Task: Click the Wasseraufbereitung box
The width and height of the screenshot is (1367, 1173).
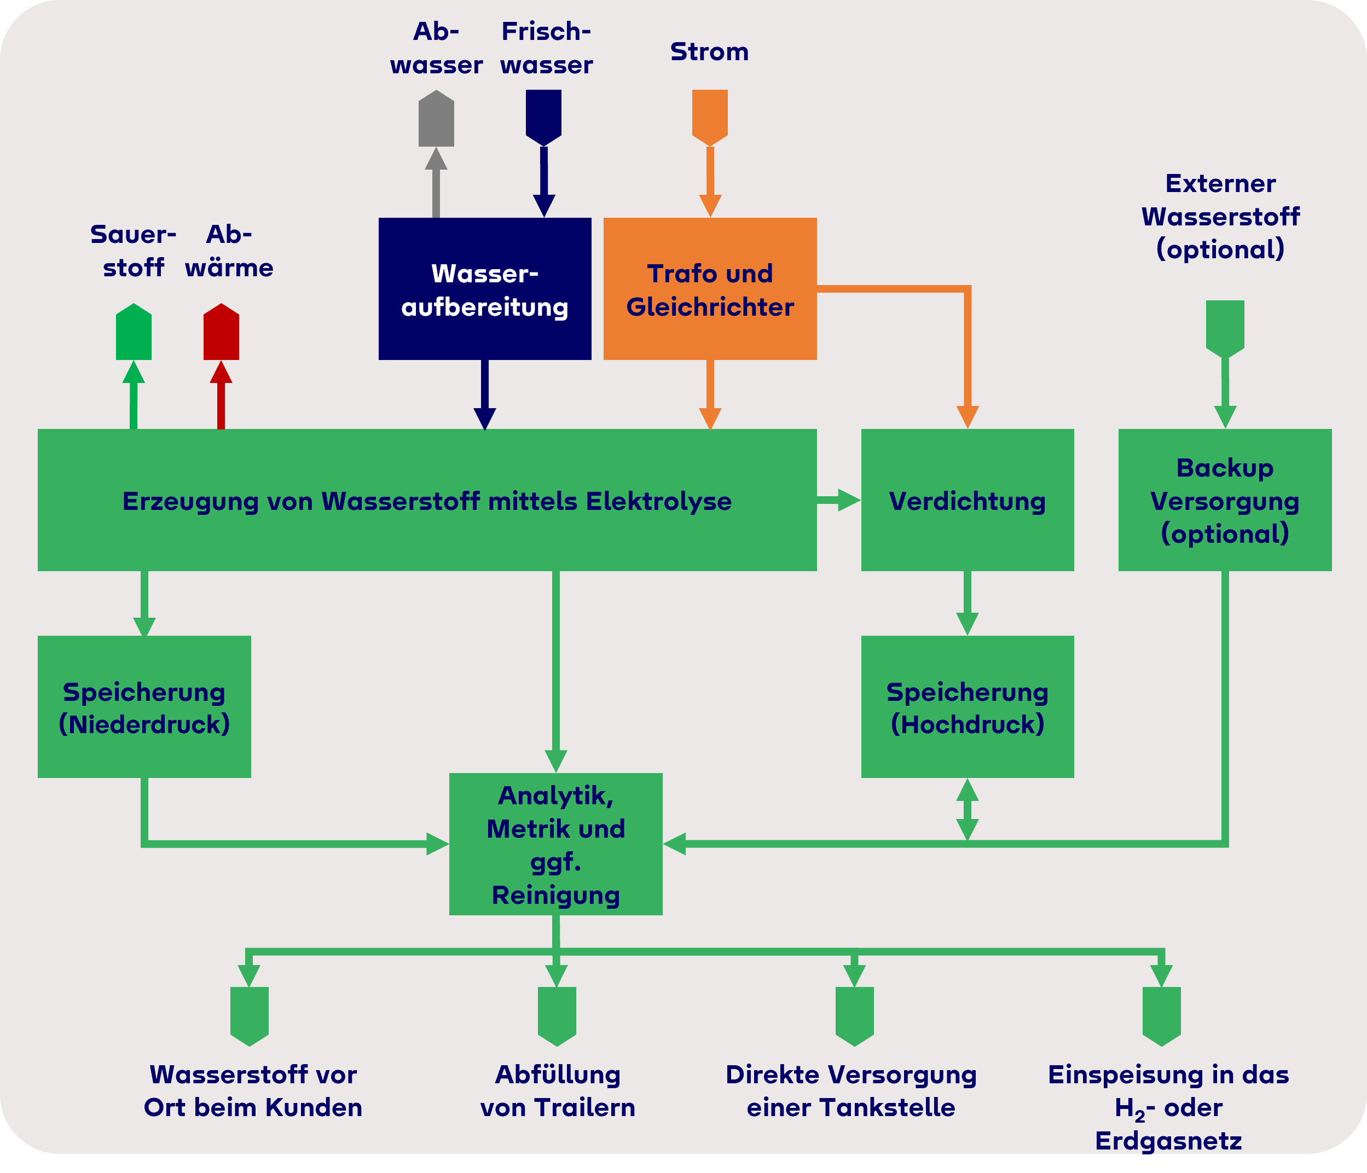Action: point(485,288)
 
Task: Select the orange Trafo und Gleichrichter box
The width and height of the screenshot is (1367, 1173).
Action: point(710,288)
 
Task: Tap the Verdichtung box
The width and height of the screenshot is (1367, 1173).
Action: point(967,500)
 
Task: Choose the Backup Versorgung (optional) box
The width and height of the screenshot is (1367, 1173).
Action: point(1225,500)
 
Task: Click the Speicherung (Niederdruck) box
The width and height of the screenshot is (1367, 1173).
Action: point(144,706)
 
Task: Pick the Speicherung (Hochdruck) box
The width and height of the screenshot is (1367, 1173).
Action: point(967,706)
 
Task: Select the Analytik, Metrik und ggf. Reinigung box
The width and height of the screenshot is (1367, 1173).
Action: point(555,844)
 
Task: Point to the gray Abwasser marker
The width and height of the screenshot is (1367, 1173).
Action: point(436,118)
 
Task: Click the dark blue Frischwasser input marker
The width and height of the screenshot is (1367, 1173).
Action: point(543,118)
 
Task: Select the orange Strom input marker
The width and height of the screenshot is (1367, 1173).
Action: point(710,118)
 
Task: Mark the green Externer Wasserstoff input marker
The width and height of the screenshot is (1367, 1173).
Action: point(1225,329)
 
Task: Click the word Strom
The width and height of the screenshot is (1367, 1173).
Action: point(710,51)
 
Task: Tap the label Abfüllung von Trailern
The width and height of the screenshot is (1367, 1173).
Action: point(558,1090)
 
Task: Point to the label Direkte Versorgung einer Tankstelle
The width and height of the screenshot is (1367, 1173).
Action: point(851,1090)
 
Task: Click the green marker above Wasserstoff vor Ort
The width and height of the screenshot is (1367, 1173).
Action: point(250,1016)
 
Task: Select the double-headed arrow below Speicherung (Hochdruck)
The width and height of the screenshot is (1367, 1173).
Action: point(967,810)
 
